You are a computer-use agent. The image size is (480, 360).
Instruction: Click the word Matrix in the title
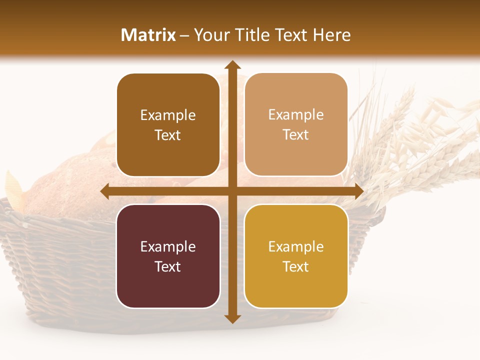[148, 35]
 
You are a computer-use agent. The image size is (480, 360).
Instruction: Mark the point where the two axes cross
[232, 191]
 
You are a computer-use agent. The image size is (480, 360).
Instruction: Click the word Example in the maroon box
[168, 247]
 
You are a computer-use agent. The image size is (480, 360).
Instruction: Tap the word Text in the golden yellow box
[296, 266]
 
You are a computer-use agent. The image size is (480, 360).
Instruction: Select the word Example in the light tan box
[296, 115]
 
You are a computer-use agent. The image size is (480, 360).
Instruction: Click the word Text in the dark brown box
[168, 135]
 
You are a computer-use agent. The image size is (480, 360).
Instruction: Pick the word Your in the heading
[211, 35]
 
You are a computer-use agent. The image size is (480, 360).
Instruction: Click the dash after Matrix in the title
[184, 35]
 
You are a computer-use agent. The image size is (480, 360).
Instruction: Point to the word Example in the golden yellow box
[296, 247]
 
